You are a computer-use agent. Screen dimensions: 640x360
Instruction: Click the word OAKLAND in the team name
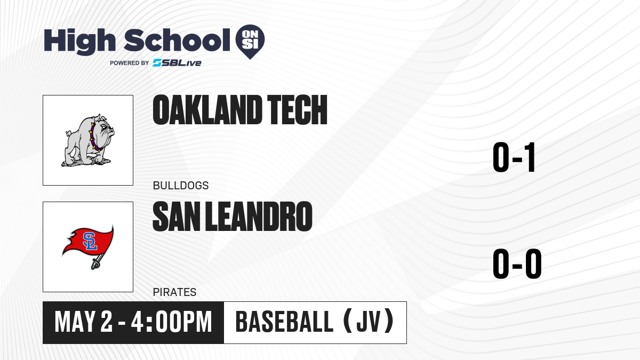point(207,110)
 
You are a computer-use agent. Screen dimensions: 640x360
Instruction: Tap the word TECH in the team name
point(297,110)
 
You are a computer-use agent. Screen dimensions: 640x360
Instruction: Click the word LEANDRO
point(259,217)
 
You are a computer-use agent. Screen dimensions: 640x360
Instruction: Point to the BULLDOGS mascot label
point(181,186)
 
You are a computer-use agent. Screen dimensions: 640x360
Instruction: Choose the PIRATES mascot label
point(174,292)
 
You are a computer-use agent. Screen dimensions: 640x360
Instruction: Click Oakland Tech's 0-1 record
point(514,157)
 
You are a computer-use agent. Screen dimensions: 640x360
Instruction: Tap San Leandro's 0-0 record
point(517,263)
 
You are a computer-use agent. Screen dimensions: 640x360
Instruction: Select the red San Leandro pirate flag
point(88,242)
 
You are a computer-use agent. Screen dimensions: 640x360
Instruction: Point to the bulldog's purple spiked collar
point(94,138)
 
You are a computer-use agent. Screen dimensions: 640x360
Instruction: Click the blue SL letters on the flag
point(90,241)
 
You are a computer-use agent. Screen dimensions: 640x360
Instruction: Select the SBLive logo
point(177,63)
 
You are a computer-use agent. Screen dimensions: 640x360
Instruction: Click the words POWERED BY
point(130,63)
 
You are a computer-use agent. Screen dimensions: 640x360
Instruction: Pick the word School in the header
point(177,41)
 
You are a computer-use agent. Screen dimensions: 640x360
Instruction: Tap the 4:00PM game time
point(171,322)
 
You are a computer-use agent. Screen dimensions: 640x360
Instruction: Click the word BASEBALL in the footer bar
point(284,322)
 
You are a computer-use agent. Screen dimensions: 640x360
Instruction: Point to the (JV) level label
point(369,322)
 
